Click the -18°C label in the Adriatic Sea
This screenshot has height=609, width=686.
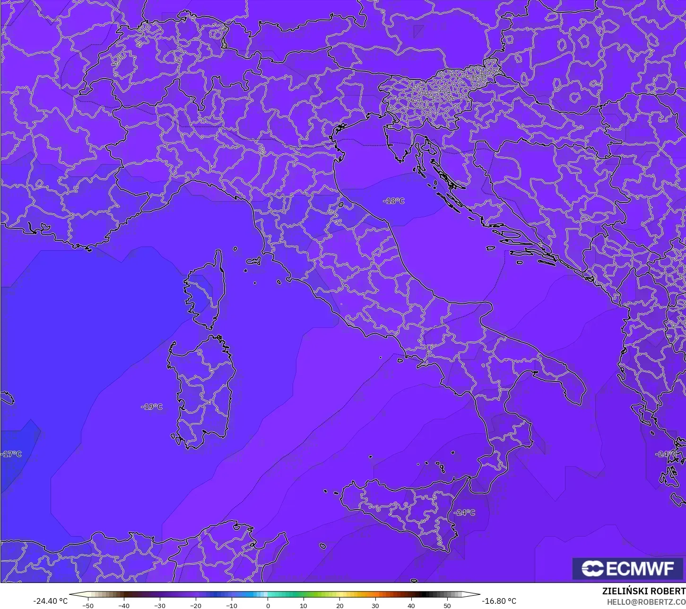click(x=394, y=201)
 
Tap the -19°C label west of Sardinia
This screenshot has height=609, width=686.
click(x=152, y=407)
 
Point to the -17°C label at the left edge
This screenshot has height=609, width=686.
click(x=11, y=454)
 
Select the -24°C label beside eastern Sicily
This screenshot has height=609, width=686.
click(x=464, y=512)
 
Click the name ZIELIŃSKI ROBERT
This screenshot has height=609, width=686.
click(x=643, y=591)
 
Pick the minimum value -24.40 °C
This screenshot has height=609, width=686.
click(x=50, y=601)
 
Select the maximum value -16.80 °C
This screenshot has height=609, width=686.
click(x=499, y=601)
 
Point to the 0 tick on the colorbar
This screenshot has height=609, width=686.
click(x=268, y=605)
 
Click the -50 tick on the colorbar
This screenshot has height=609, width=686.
click(x=87, y=605)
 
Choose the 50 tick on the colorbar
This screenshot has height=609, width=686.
click(x=447, y=605)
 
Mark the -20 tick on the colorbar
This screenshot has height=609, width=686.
click(x=196, y=605)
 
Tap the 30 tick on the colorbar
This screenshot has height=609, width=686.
click(x=375, y=605)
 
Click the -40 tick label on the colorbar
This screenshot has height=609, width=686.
click(x=123, y=605)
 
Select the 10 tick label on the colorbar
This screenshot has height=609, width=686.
click(x=304, y=605)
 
